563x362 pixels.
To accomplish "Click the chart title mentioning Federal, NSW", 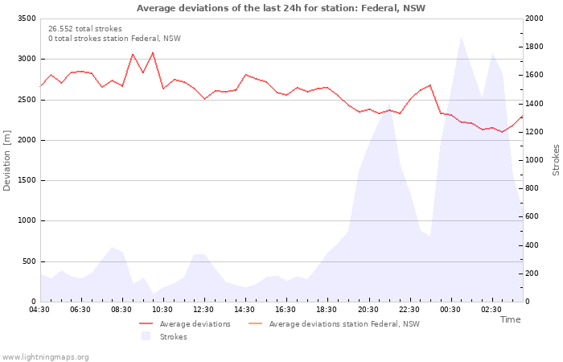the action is pos(281,8).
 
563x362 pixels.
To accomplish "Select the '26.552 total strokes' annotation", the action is pos(85,29).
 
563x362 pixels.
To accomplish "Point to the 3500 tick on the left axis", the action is pos(27,19).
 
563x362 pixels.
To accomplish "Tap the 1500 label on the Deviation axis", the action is pos(27,180).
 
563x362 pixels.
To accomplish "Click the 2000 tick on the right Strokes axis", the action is pos(534,19).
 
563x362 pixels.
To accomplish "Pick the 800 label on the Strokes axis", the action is pos(532,188).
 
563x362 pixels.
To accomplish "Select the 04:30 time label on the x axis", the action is pos(39,310).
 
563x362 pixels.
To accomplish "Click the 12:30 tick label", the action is pos(203,310).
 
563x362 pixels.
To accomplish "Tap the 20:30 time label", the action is pos(368,310).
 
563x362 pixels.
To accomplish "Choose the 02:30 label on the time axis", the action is pos(491,310).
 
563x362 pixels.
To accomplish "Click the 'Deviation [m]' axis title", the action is pos(6,161).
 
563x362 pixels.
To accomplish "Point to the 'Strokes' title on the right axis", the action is pos(556,160).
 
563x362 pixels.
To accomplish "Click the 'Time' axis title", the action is pos(510,319).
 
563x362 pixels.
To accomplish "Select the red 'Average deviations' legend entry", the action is pos(185,324).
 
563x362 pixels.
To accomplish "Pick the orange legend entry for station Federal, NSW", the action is pos(334,324).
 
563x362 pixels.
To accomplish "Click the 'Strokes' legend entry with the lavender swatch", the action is pos(164,336).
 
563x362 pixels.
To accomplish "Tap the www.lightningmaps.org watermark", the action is pos(45,357).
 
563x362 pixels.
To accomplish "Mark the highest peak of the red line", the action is pos(153,53).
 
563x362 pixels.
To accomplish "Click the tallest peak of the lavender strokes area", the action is pos(461,37).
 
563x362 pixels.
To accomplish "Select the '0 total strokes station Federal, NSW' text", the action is pos(114,39).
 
